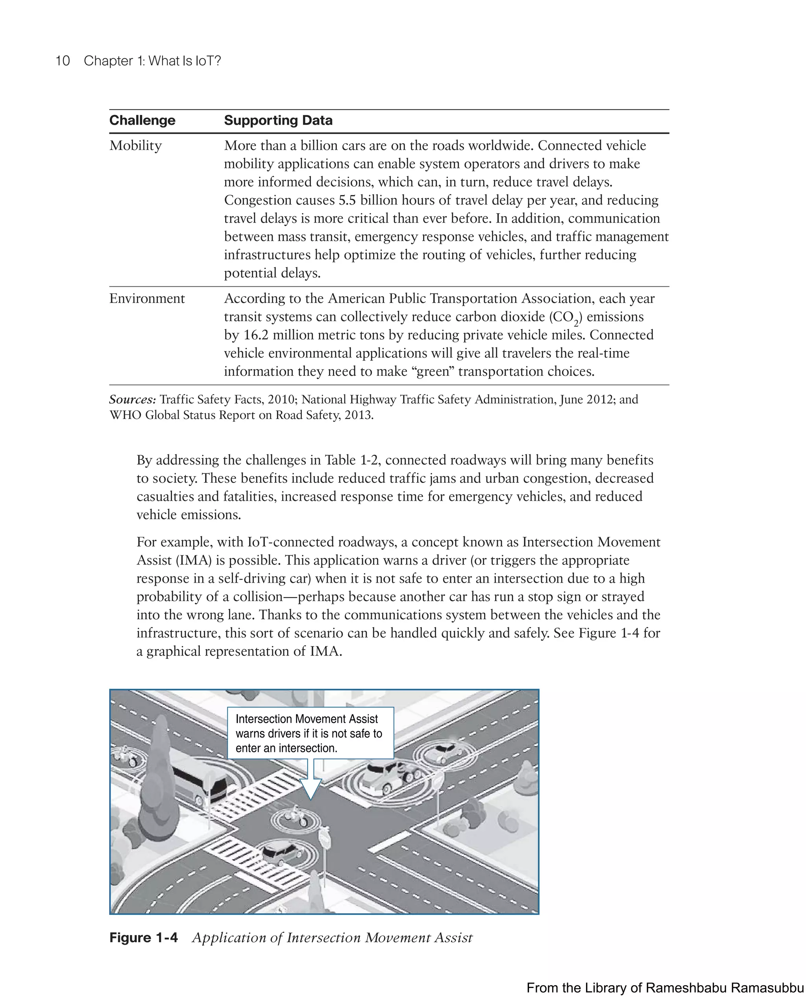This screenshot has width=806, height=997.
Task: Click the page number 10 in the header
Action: pyautogui.click(x=63, y=61)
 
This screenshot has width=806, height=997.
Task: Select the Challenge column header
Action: pyautogui.click(x=142, y=120)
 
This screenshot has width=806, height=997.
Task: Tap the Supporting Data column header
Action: pyautogui.click(x=278, y=120)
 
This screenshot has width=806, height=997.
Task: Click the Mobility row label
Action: pyautogui.click(x=135, y=146)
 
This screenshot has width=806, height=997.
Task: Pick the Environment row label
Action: pyautogui.click(x=147, y=299)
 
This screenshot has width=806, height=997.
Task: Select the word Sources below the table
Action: pyautogui.click(x=132, y=400)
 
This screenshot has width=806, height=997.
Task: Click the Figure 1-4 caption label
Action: pyautogui.click(x=144, y=938)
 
